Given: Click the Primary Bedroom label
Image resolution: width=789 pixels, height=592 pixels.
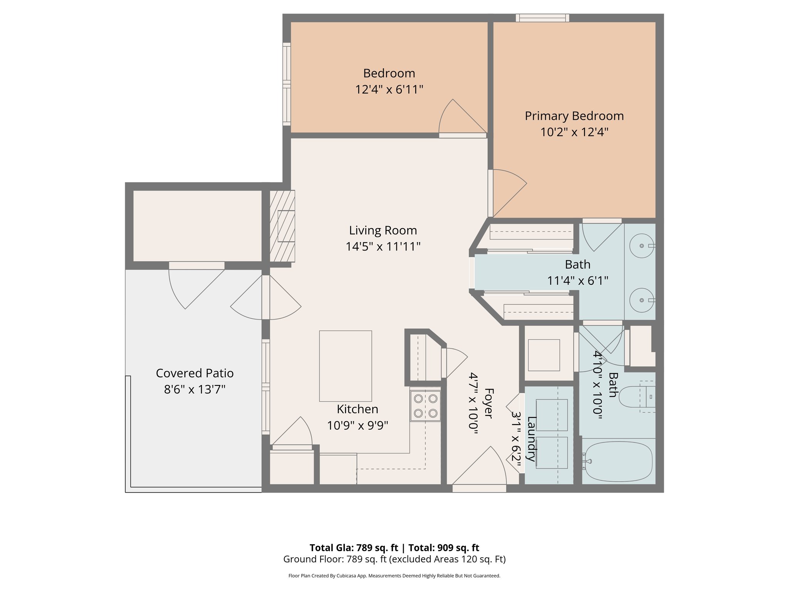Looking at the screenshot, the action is pos(574,116).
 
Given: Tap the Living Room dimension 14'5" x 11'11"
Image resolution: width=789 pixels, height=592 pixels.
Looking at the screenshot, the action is pos(383,247).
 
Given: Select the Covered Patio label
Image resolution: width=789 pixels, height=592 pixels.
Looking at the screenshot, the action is pos(195,373).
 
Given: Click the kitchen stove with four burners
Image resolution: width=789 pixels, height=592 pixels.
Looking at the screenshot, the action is pos(425,406).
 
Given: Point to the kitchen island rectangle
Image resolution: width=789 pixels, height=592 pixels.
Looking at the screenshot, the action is pos(346,366).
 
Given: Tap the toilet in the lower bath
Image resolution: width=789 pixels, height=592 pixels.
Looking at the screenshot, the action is pos(636,397).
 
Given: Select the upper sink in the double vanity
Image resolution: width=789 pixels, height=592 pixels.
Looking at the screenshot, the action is pos(641,246).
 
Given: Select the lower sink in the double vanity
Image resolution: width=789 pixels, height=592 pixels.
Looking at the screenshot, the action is pos(641,300).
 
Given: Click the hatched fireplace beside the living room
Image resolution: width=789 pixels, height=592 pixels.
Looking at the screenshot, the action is pos(282,226).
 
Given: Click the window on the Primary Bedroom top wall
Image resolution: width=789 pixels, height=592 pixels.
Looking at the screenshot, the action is pos(542,18).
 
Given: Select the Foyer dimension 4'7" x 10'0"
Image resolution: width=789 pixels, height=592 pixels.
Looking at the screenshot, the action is pos(473,403).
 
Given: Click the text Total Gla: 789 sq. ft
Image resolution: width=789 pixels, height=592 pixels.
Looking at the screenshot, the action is pos(354,548).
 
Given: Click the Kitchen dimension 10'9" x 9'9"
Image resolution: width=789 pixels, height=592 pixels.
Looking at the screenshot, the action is pos(358,425).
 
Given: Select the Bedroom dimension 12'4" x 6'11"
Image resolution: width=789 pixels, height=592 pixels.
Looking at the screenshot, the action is pos(389,89).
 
